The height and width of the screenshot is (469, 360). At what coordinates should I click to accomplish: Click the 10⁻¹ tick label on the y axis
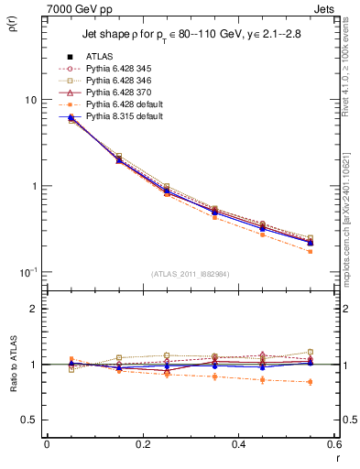27,272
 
